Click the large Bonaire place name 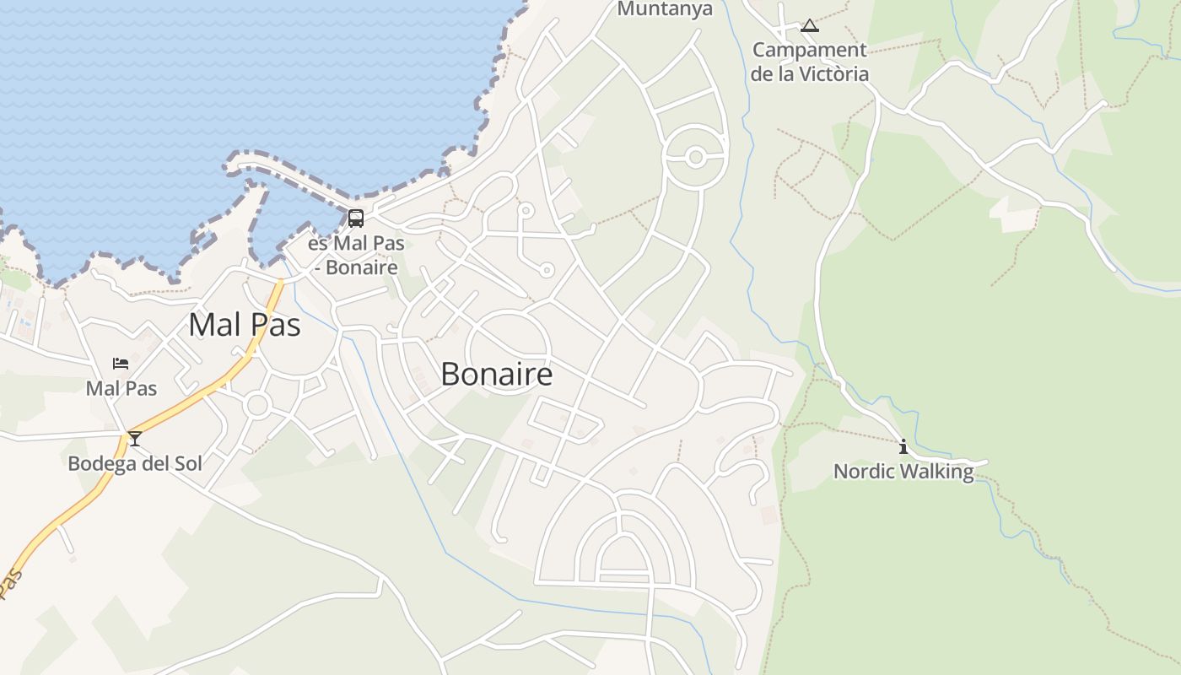496,374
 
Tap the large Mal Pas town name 245,324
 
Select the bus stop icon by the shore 356,219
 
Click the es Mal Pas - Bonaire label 356,256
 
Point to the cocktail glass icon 134,439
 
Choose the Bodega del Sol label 135,463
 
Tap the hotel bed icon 121,364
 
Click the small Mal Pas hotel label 121,388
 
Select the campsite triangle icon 810,25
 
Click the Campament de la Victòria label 810,62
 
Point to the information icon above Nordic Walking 903,446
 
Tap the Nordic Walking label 903,471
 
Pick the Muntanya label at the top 666,9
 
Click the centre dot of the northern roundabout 696,157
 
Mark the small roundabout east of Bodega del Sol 257,405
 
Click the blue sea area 211,76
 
